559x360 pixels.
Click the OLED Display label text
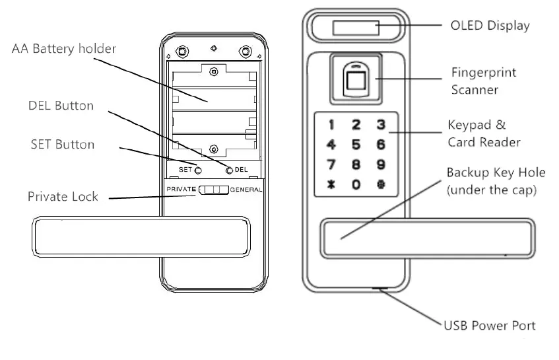(x=490, y=26)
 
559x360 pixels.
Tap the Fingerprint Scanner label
(x=483, y=81)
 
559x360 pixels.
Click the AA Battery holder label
(x=64, y=49)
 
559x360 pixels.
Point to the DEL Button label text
(x=61, y=106)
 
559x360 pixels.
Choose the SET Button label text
(x=63, y=144)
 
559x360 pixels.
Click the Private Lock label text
(x=63, y=196)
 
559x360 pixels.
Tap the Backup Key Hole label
(x=496, y=180)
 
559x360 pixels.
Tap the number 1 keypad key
(x=332, y=124)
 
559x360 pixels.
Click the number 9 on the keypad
(x=380, y=164)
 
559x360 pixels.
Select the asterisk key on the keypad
(x=332, y=185)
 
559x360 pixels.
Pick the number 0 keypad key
(x=356, y=185)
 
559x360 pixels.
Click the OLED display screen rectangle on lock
(x=356, y=28)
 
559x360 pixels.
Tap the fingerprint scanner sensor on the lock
(x=356, y=81)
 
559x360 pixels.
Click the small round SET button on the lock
(x=197, y=170)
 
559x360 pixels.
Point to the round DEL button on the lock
(x=230, y=170)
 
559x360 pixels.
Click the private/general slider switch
(x=213, y=190)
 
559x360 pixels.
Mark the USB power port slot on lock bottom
(x=381, y=289)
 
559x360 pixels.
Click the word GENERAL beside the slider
(x=246, y=190)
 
